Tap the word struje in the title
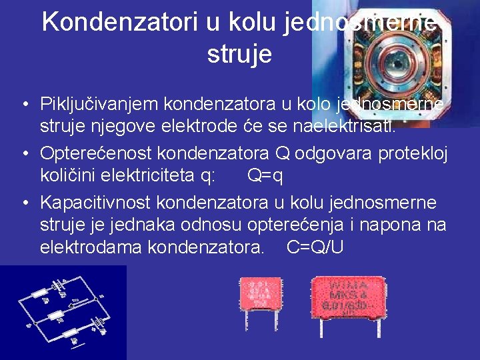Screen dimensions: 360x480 point(239,54)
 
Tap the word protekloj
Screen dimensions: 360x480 point(413,154)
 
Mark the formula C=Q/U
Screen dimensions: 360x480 point(315,248)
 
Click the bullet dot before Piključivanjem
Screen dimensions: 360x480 point(24,105)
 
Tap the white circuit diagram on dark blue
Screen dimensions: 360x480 point(63,312)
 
